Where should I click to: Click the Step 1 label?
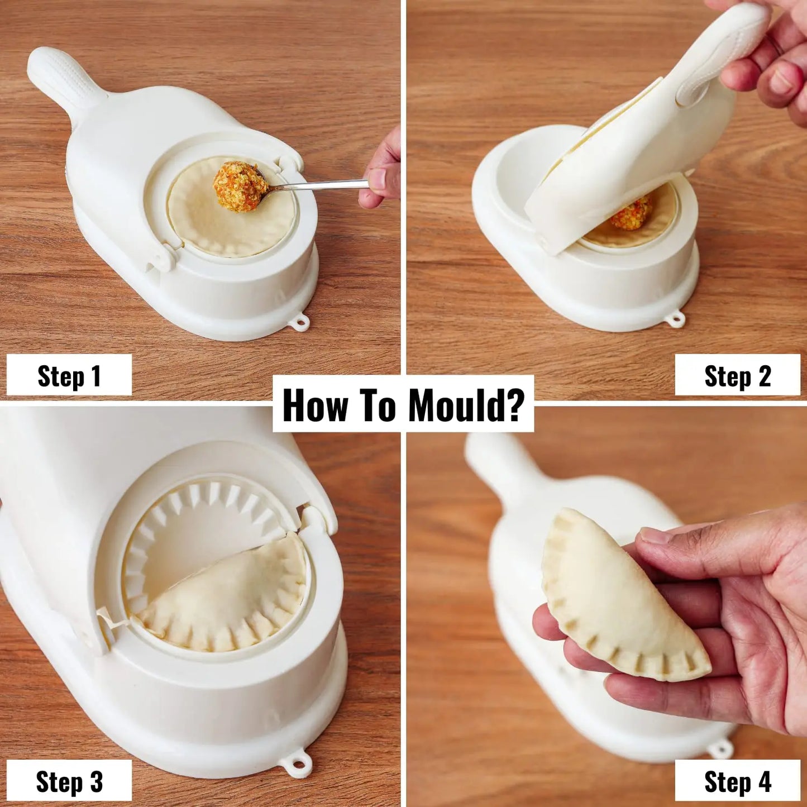coord(69,376)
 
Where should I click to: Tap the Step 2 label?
coord(737,376)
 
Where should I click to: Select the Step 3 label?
coord(69,781)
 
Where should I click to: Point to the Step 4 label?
coord(737,781)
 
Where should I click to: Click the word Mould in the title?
coord(466,405)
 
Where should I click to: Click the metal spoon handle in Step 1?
coord(324,185)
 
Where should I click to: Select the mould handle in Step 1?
coord(64,78)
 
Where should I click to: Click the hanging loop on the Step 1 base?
coord(302,322)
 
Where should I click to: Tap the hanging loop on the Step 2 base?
coord(676,320)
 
